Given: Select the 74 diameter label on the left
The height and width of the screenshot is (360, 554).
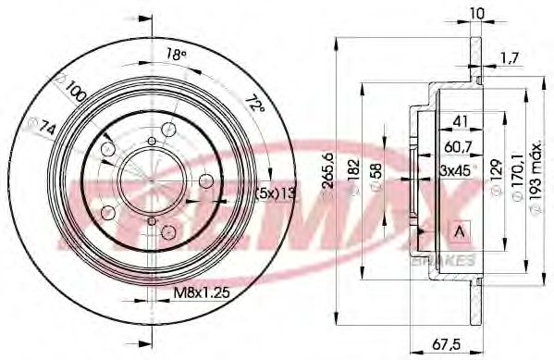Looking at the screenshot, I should [40, 130].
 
